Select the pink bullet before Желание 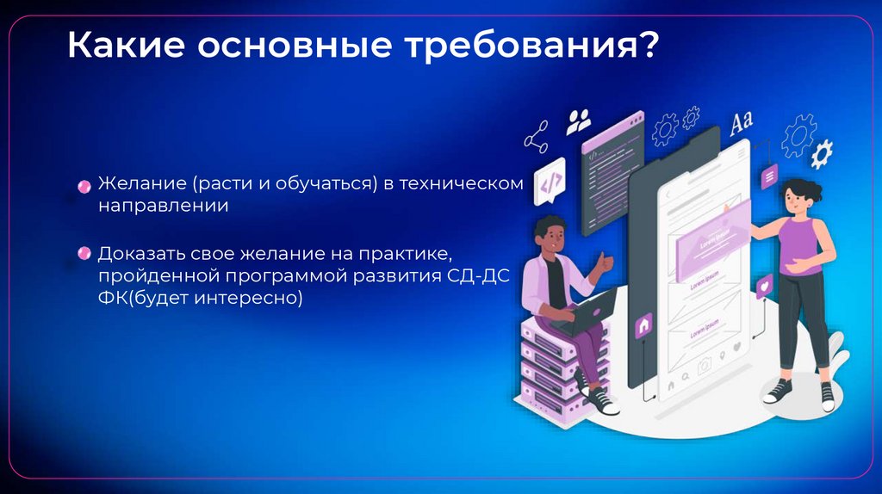(x=84, y=186)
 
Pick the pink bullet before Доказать (x=84, y=254)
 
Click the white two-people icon (x=579, y=120)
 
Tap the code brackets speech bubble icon (x=550, y=182)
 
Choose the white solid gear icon (x=822, y=153)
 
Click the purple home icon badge (x=643, y=326)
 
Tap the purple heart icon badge (x=763, y=285)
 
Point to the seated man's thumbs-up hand (x=606, y=260)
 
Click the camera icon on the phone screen (x=704, y=366)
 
